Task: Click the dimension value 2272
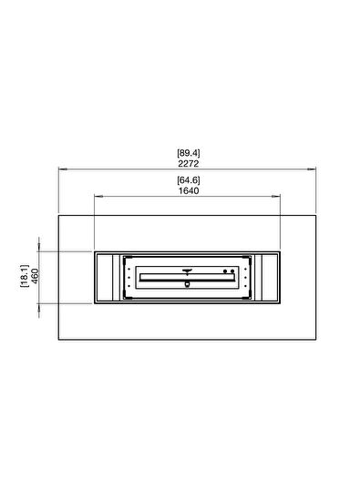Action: pos(188,163)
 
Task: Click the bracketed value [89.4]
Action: pos(188,152)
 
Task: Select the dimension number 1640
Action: pos(188,190)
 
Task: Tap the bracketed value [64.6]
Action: pos(188,179)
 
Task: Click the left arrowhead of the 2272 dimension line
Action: pos(61,169)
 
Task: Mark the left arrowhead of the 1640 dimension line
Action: pos(96,196)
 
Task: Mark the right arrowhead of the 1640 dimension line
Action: pos(280,196)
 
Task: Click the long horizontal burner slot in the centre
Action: pos(188,277)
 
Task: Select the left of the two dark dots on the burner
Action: pos(225,271)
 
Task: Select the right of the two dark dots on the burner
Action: pos(231,271)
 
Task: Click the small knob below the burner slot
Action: pos(188,284)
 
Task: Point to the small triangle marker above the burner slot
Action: pos(188,269)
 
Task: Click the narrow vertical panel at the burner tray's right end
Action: pos(262,277)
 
